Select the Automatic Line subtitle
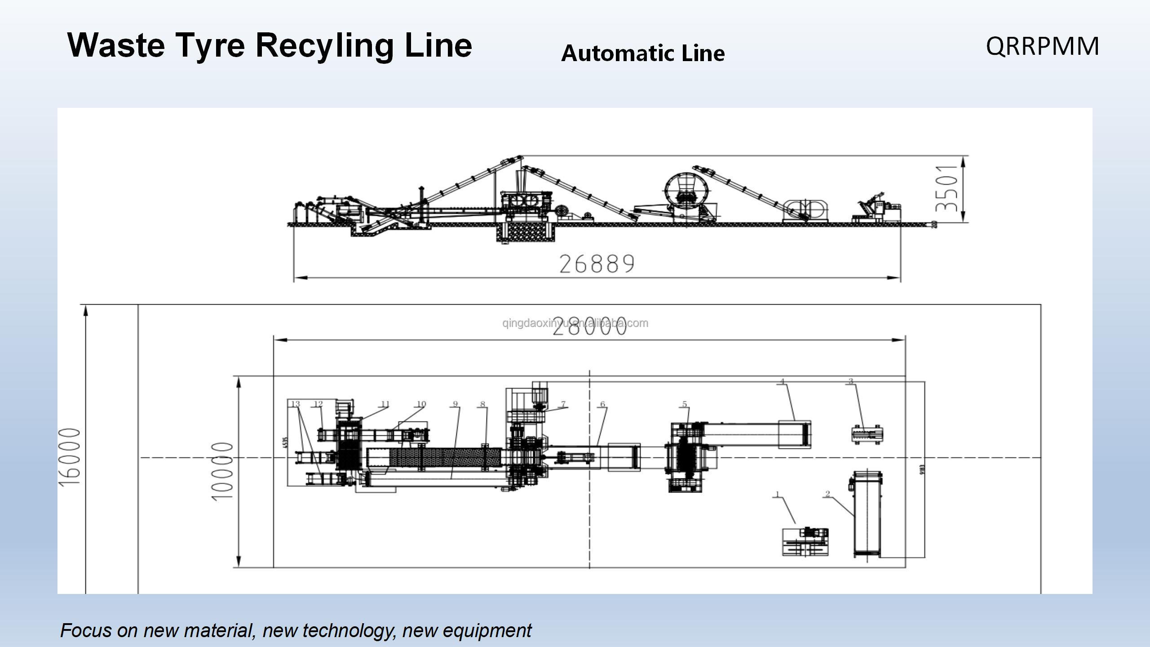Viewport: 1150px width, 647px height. tap(642, 53)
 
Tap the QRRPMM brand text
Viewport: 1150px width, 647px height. tap(1042, 46)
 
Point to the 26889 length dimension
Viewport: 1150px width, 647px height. tap(597, 264)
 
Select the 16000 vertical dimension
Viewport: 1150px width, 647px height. tap(70, 456)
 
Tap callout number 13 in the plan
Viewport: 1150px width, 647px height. tap(295, 404)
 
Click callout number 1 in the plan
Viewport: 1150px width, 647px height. tap(777, 495)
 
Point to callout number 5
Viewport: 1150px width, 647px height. tap(685, 404)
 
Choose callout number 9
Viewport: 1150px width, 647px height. tap(455, 404)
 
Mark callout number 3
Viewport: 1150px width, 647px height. tap(850, 381)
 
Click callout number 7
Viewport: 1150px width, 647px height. tap(563, 404)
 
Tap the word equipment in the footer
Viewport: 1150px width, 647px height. tap(487, 630)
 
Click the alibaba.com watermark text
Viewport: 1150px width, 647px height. tap(575, 323)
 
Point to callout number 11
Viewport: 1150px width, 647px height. tap(385, 404)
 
